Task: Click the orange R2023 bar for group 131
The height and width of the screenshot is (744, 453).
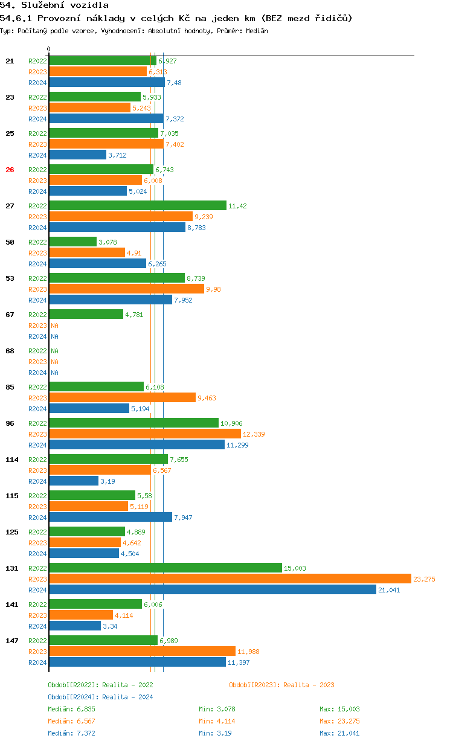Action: coord(230,579)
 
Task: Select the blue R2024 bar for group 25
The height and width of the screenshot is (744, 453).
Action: coord(77,155)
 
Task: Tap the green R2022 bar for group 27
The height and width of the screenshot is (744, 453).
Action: coord(138,205)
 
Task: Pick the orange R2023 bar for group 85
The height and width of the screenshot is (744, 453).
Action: coord(122,397)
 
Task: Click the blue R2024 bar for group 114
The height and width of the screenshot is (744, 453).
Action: coord(74,481)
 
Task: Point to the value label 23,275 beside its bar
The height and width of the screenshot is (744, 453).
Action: coord(424,579)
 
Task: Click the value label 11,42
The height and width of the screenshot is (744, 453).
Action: coord(237,206)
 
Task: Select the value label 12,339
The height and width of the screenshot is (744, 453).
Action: coord(254,434)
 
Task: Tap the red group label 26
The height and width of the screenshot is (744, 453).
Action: coord(10,170)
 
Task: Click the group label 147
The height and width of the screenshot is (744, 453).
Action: coord(11,641)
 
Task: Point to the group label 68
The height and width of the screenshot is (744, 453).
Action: coord(10,351)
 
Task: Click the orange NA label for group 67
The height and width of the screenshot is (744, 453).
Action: coord(54,325)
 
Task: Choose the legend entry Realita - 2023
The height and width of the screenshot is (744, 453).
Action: coord(281,685)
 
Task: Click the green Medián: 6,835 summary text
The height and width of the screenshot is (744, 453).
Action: coord(71,709)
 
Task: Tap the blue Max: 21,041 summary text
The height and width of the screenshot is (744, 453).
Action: coord(339,733)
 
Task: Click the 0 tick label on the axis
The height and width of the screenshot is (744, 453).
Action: coord(49,49)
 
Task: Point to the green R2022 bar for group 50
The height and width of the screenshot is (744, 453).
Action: coord(72,242)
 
